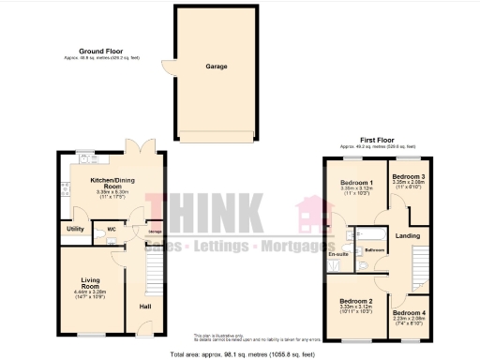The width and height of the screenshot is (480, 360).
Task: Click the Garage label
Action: click(x=217, y=67)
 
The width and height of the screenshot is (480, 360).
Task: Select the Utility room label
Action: click(x=75, y=229)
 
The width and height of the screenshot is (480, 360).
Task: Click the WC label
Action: click(x=111, y=228)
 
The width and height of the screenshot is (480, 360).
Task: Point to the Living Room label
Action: click(x=91, y=282)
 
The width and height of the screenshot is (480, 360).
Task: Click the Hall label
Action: click(x=145, y=307)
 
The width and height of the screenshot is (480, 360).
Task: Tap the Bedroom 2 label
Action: click(x=357, y=301)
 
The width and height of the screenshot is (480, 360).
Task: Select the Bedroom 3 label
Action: click(x=409, y=176)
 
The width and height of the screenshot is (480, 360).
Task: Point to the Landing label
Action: click(x=407, y=235)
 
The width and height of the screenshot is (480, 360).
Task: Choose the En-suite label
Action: click(x=338, y=254)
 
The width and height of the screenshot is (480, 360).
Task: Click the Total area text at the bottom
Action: click(x=242, y=354)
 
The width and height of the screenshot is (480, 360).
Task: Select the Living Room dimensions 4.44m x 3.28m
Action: click(x=91, y=292)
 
